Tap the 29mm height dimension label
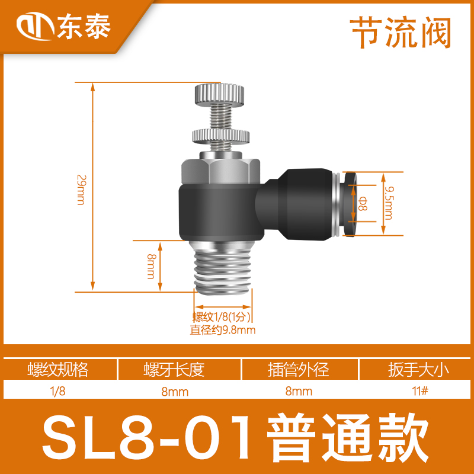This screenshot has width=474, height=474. click(81, 189)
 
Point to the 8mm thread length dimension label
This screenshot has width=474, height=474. click(150, 266)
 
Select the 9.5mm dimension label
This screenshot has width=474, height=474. click(389, 202)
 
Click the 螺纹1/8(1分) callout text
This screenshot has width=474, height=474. click(222, 316)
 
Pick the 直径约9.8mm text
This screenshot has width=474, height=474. click(222, 330)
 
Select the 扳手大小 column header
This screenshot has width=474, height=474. click(416, 370)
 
